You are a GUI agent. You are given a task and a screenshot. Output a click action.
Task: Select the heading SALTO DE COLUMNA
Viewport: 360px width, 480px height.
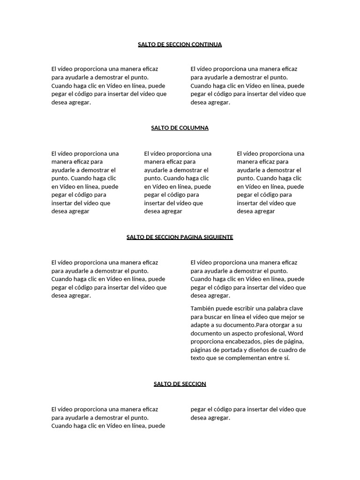(x=180, y=128)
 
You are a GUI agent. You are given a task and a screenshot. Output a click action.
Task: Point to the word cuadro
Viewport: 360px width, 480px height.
(x=289, y=350)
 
